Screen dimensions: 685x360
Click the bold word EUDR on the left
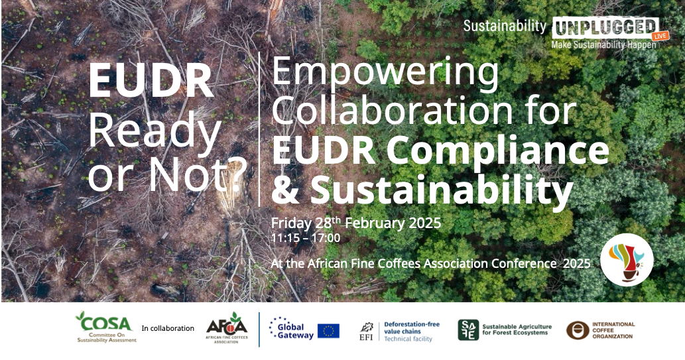tap(151, 82)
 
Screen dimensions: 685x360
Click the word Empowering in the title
tap(385, 72)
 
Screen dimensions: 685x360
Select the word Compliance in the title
tap(497, 150)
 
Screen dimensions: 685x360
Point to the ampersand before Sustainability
tap(287, 190)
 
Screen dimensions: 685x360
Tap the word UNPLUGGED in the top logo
tap(605, 28)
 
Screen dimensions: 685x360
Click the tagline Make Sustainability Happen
tap(603, 45)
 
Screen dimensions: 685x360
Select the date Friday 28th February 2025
tap(356, 223)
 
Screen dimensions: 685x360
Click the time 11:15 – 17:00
tap(306, 238)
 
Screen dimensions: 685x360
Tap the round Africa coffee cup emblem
tap(627, 260)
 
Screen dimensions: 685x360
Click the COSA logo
tap(105, 327)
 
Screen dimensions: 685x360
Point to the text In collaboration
tap(168, 329)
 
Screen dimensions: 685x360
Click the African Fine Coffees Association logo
tap(226, 328)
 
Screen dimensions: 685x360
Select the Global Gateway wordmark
tap(292, 330)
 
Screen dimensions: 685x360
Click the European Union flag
tap(328, 331)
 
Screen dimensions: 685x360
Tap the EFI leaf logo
tap(366, 331)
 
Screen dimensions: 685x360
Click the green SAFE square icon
tap(468, 330)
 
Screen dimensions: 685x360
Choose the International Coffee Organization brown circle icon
tap(578, 330)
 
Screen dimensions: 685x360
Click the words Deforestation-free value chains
tap(412, 328)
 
